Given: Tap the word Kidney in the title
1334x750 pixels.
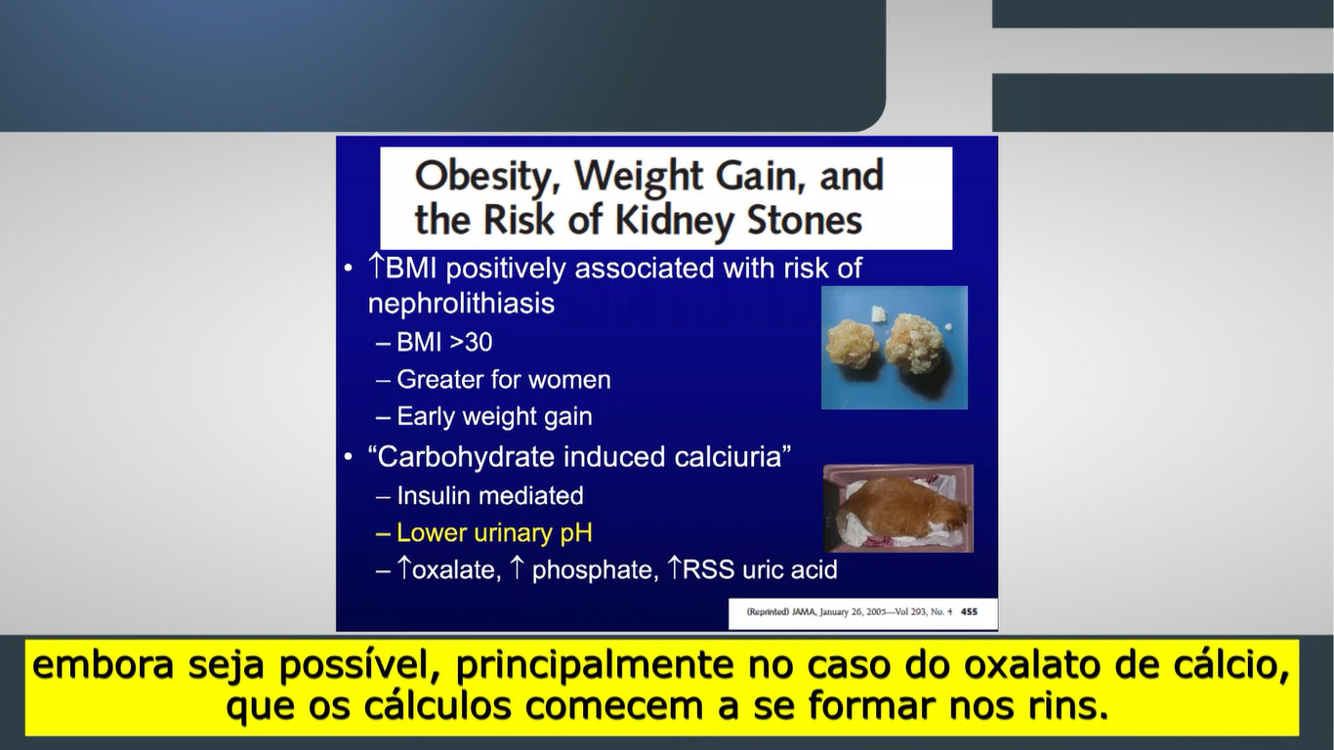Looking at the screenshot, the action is [x=674, y=222].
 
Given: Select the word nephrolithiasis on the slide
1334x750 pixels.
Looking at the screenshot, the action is [x=461, y=304].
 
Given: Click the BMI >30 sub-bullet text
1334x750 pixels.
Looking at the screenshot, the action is [x=444, y=343].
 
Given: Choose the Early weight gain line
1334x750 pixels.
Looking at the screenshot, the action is [x=494, y=417].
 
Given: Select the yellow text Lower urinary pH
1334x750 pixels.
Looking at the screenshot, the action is [x=494, y=533].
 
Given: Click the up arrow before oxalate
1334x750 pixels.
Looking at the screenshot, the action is [x=404, y=567].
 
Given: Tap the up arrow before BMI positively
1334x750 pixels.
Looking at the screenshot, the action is [x=376, y=267].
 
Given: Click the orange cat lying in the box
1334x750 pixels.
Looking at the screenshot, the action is [x=907, y=509].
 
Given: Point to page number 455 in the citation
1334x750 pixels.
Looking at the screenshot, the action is [x=969, y=611].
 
